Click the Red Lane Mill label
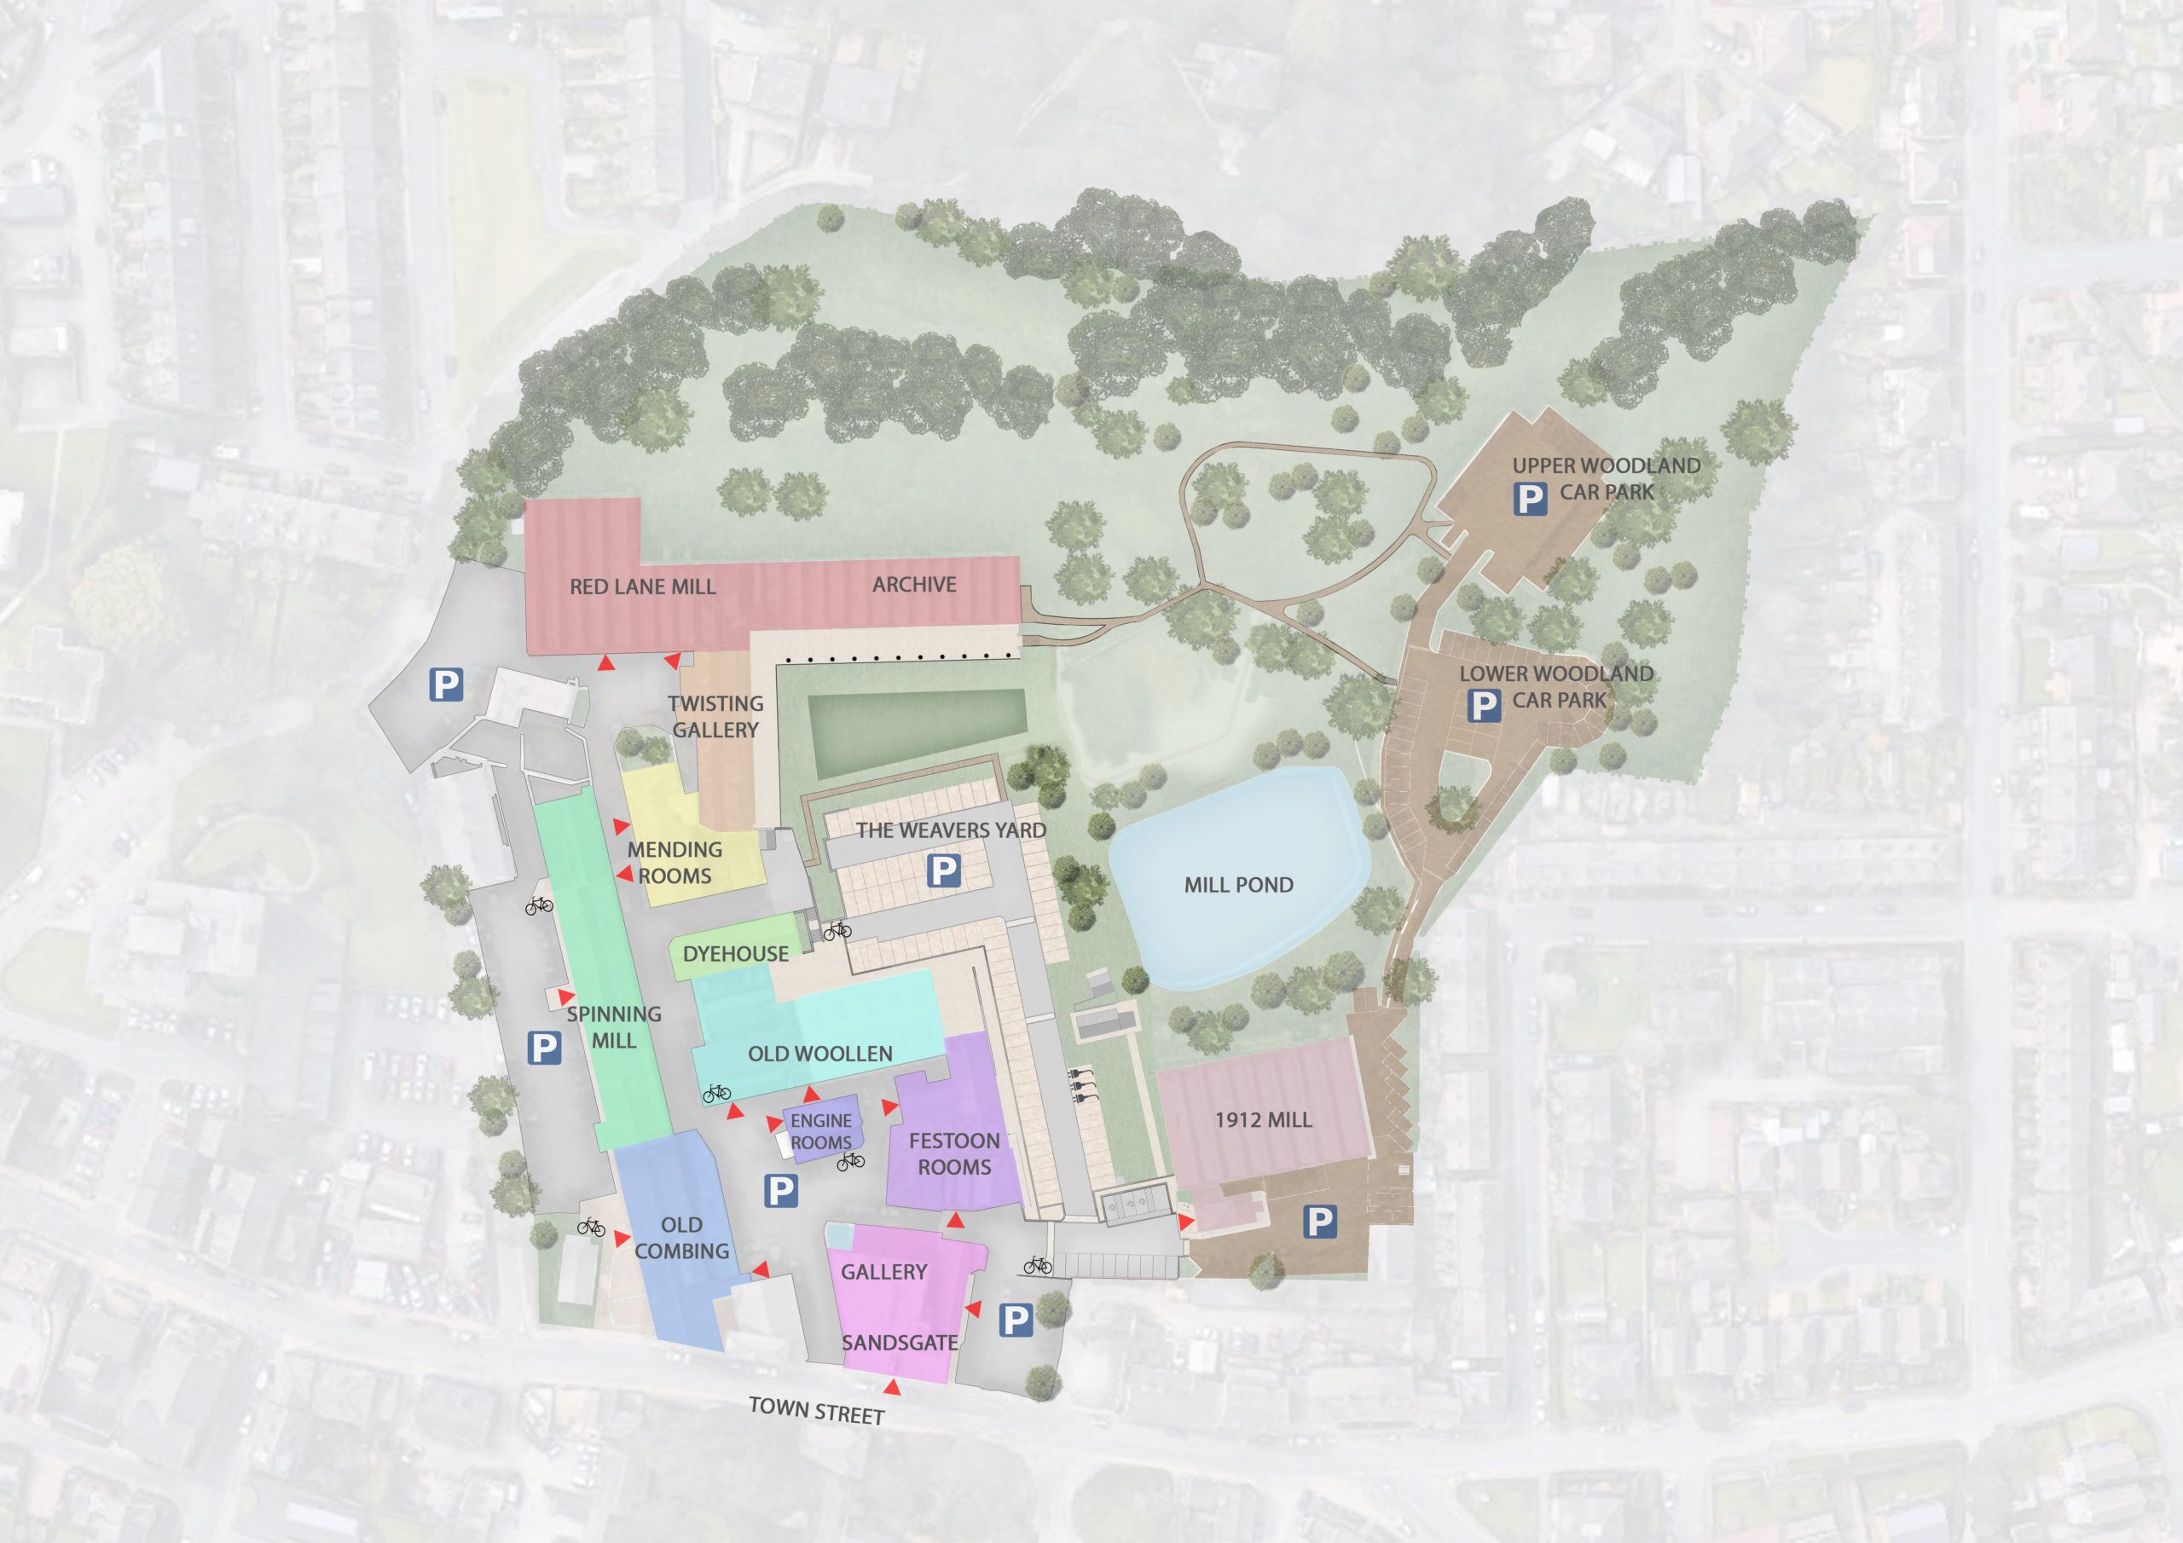(642, 587)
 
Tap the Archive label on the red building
(913, 584)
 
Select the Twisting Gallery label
(715, 716)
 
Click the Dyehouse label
(735, 954)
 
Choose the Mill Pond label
(1238, 884)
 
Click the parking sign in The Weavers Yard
(943, 870)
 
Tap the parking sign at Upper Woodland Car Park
(1528, 498)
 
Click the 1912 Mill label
(1263, 1120)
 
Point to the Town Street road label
(816, 1410)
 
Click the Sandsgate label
(899, 1343)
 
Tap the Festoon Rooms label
(953, 1153)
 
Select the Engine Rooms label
(820, 1131)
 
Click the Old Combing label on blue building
(680, 1238)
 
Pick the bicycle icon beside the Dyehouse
(837, 931)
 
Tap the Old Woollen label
(819, 1054)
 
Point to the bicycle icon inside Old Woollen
(716, 1095)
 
